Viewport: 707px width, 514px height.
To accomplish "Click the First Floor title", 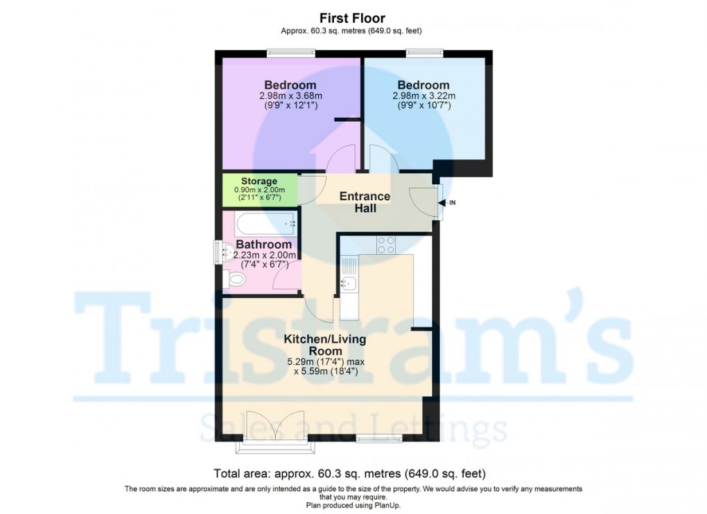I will coord(352,18).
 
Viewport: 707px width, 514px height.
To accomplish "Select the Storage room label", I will coord(259,181).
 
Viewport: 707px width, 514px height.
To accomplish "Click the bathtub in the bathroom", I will coord(264,224).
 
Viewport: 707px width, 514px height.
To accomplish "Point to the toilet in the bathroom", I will coord(236,279).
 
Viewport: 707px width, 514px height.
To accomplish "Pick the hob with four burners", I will coord(386,245).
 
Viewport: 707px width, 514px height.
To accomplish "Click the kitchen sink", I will coord(349,283).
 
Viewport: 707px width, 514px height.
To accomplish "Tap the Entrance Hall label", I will coord(365,202).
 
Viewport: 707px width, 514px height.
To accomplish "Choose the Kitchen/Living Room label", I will coord(324,345).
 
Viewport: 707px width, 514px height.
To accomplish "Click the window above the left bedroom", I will coord(292,51).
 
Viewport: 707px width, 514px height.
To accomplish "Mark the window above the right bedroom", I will coord(424,51).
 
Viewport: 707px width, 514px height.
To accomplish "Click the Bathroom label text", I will coord(263,245).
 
